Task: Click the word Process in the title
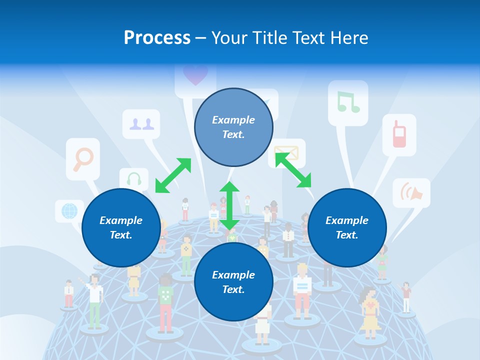tap(157, 38)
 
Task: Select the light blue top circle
tap(233, 127)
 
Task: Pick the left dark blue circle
tap(121, 227)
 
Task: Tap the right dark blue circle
tap(347, 227)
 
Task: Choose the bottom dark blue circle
tap(233, 282)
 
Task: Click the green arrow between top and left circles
tap(173, 175)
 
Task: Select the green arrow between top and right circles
tap(293, 170)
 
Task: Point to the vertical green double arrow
tap(229, 205)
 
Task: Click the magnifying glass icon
tap(83, 158)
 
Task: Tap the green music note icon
tap(348, 102)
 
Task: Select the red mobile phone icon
tap(399, 134)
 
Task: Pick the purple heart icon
tap(195, 75)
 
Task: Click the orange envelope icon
tap(287, 152)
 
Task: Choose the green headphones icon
tap(134, 179)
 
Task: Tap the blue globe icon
tap(69, 210)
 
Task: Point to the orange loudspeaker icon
tap(411, 192)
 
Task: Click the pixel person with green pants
tap(94, 302)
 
